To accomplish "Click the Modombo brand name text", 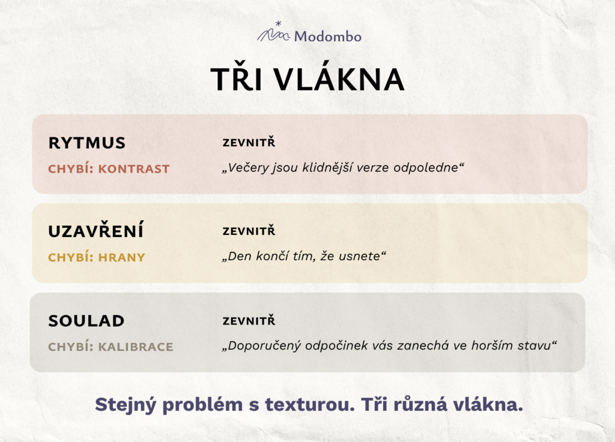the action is (x=328, y=37).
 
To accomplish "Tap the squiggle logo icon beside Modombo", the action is (x=274, y=35).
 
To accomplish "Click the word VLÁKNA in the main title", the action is (x=339, y=80).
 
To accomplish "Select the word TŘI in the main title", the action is (x=237, y=80).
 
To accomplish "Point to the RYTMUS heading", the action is (x=86, y=143).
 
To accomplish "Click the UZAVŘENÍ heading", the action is (x=95, y=230).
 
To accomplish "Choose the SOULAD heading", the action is (x=86, y=321).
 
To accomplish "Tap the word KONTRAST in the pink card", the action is (x=134, y=169).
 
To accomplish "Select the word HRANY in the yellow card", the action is (x=121, y=257).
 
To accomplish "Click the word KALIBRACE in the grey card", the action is (x=136, y=347).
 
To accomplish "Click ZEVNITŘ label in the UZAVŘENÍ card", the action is (x=249, y=230).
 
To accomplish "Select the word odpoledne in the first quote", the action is (x=426, y=167).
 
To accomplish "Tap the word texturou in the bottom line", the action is (x=310, y=404).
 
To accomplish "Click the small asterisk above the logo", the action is (x=279, y=23).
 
